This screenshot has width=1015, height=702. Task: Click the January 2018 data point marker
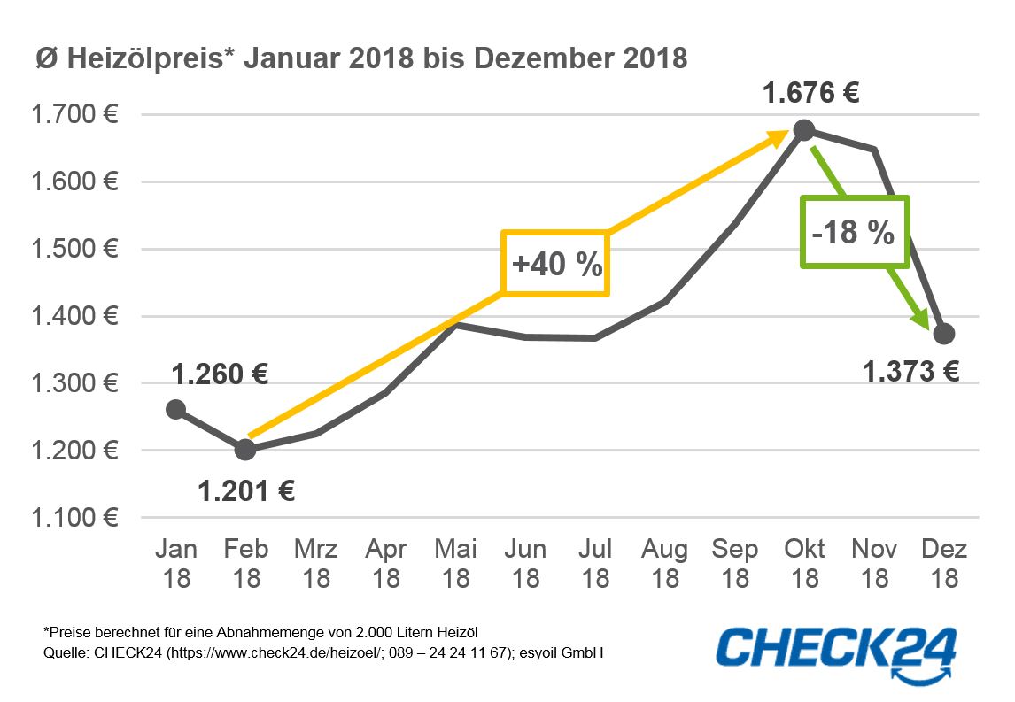[x=175, y=409]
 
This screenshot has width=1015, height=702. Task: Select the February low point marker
[x=245, y=449]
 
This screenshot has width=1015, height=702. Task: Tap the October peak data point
[x=803, y=130]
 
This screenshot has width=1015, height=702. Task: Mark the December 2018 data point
[x=944, y=333]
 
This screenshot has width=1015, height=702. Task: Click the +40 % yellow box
[x=556, y=264]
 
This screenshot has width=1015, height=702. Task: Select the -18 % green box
[x=855, y=232]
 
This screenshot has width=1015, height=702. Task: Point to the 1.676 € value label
[x=811, y=93]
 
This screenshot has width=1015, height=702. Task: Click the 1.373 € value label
[x=911, y=371]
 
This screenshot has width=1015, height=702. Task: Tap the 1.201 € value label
[x=246, y=490]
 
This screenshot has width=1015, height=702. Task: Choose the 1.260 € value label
[x=221, y=374]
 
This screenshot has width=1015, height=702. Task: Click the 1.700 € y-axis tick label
[x=75, y=114]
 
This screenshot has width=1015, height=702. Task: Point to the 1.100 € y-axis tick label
[x=75, y=517]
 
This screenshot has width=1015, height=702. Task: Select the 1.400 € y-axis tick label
[x=75, y=316]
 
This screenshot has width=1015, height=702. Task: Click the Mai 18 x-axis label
[x=455, y=563]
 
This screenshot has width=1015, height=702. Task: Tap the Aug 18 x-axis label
[x=664, y=563]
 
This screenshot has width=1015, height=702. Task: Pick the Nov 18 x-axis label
[x=874, y=563]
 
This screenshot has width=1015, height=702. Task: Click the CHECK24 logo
[x=836, y=649]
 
